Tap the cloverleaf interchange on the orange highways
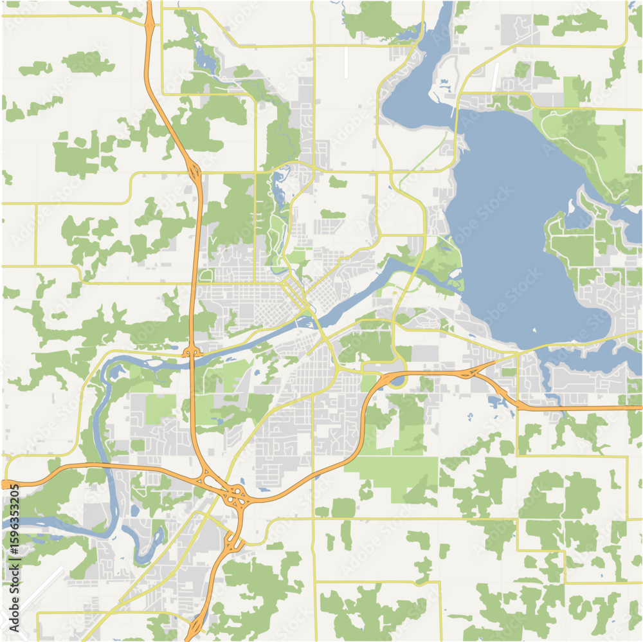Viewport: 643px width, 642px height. click(x=235, y=496)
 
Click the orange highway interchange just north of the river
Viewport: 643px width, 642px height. click(x=192, y=351)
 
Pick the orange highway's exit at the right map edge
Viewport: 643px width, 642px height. click(x=639, y=407)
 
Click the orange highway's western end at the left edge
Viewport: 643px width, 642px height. click(x=5, y=484)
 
